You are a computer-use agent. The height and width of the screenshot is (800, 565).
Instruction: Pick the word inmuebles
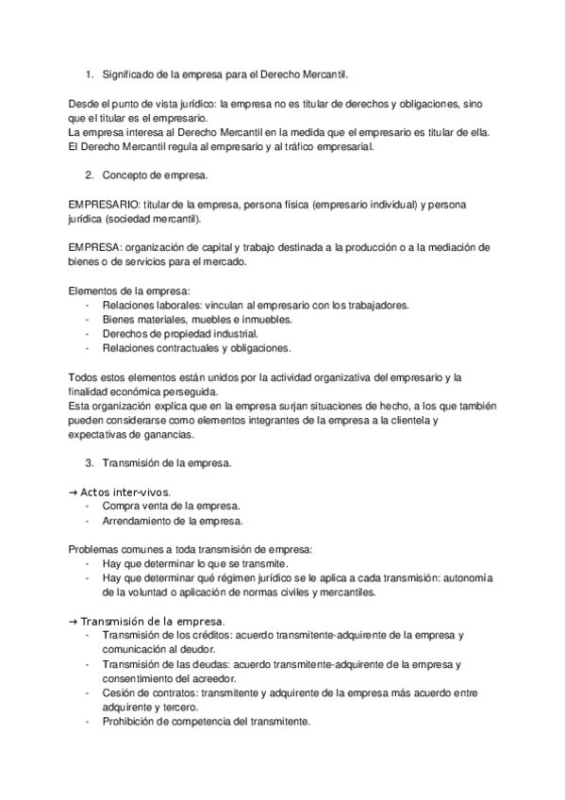[x=265, y=319]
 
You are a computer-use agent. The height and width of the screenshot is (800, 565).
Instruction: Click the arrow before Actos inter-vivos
[x=74, y=492]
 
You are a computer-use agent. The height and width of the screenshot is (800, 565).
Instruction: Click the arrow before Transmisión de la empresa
[x=74, y=622]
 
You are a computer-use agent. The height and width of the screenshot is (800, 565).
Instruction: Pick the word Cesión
[x=120, y=693]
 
